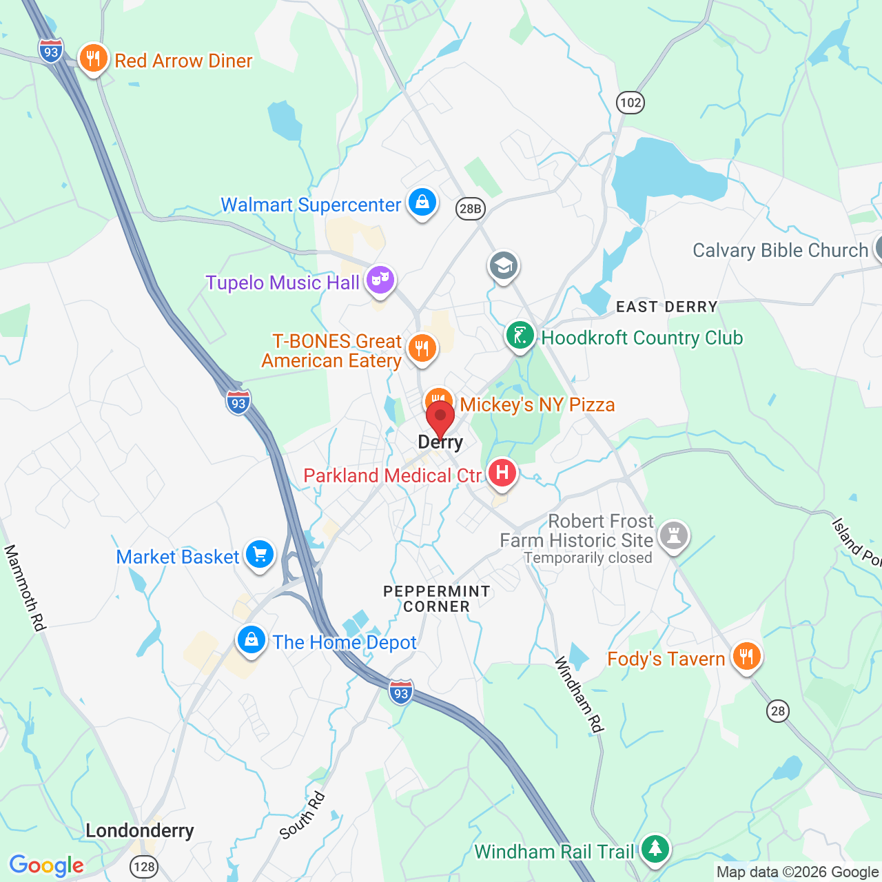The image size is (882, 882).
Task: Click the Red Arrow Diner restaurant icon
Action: pos(93,59)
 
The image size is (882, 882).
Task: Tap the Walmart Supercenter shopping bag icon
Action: pos(422,203)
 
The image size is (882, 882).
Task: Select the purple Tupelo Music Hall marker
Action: pos(380,280)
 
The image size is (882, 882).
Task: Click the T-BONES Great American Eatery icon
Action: pos(422,348)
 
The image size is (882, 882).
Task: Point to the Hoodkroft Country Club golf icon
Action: pos(520,336)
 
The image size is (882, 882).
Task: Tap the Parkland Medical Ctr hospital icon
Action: pos(502,473)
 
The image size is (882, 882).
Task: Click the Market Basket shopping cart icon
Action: pos(260,554)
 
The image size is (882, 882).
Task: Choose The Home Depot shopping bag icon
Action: pos(252,640)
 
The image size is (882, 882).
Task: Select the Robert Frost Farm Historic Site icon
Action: pos(674,535)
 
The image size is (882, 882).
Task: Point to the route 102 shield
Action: pos(630,103)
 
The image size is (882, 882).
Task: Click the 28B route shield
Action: pos(471,208)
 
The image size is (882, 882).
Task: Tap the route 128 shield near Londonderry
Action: pos(144,866)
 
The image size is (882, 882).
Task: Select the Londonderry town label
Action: pos(140,830)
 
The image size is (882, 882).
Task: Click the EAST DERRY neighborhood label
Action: pos(666,307)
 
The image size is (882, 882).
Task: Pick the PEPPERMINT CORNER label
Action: pos(436,599)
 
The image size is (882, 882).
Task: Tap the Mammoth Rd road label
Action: pos(25,587)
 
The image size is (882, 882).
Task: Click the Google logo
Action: pos(46,865)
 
